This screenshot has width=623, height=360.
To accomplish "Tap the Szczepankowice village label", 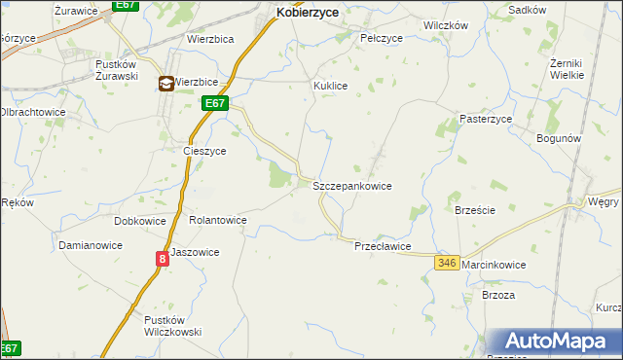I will (x=351, y=185).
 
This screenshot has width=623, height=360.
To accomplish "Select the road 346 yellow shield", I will (x=447, y=263).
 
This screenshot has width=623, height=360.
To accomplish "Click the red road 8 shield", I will (x=163, y=258).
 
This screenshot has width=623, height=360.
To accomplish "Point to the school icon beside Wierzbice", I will (x=166, y=84).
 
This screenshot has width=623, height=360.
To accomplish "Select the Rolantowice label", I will (x=217, y=221).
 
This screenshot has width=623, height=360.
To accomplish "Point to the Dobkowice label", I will (x=139, y=221).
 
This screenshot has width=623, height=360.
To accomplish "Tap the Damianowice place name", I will (x=90, y=245).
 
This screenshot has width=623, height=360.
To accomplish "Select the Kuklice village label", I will (x=330, y=86).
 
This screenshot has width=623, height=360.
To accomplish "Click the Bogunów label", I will (x=559, y=138).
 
